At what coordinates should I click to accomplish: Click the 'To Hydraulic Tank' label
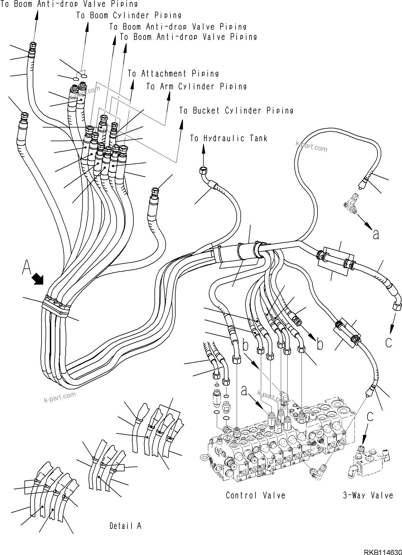(228, 138)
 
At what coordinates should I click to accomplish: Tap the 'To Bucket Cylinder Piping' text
(236, 110)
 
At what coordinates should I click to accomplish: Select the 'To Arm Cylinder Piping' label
(196, 86)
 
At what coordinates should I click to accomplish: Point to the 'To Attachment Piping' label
(173, 74)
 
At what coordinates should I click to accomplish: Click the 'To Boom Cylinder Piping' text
(129, 15)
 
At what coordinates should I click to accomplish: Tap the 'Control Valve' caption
(255, 496)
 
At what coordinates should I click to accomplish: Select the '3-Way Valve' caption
(368, 496)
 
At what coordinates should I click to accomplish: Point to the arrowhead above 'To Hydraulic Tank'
(203, 148)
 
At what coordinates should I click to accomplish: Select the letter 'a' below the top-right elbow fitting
(376, 235)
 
